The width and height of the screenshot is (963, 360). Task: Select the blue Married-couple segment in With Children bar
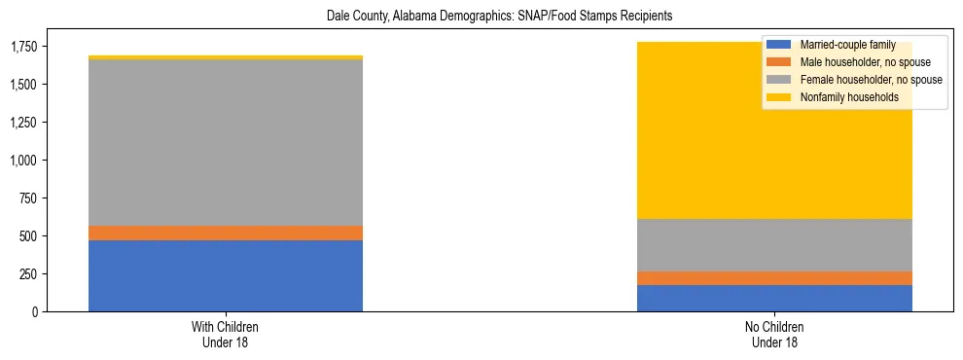[226, 275]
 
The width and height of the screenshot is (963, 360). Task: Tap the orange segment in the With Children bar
[226, 233]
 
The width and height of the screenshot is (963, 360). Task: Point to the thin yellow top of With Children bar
[226, 57]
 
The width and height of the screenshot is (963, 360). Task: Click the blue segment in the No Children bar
[774, 298]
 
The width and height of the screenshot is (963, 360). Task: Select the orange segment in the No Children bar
[774, 278]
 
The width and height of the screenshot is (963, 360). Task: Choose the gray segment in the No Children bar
[774, 245]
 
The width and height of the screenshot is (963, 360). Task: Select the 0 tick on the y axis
[34, 311]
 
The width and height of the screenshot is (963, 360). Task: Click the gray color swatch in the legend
[778, 80]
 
